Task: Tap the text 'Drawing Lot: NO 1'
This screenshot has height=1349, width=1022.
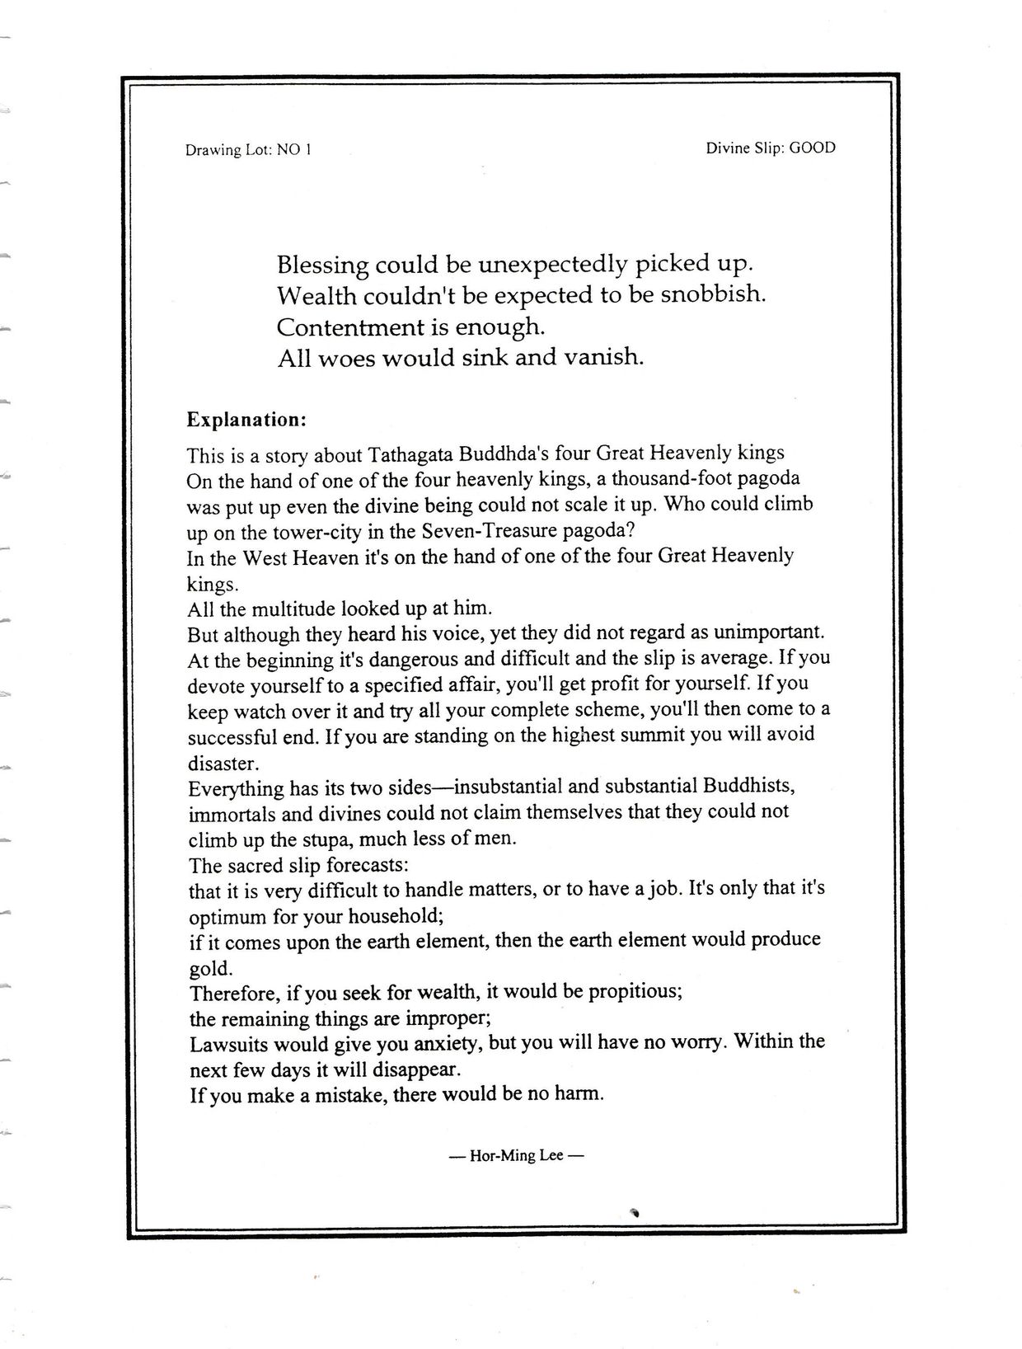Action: pyautogui.click(x=248, y=150)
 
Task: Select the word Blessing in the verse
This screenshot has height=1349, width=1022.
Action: pyautogui.click(x=322, y=266)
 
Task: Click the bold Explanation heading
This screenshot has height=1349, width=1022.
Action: pyautogui.click(x=246, y=420)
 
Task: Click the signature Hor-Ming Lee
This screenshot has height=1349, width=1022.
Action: pyautogui.click(x=516, y=1156)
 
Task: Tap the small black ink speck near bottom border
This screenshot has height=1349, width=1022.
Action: pyautogui.click(x=635, y=1211)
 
